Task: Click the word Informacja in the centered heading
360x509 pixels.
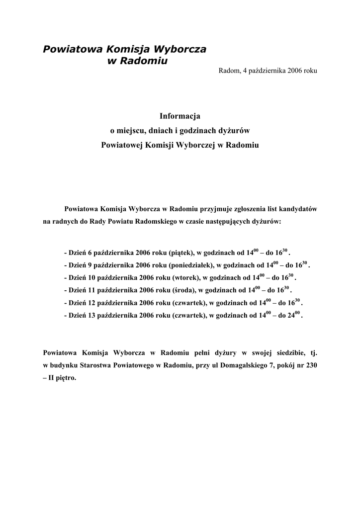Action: pos(180,116)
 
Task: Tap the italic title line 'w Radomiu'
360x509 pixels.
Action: pos(138,61)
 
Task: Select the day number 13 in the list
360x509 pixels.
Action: pos(90,316)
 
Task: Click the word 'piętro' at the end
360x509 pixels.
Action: pos(65,378)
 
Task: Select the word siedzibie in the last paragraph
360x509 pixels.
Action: pos(279,353)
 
